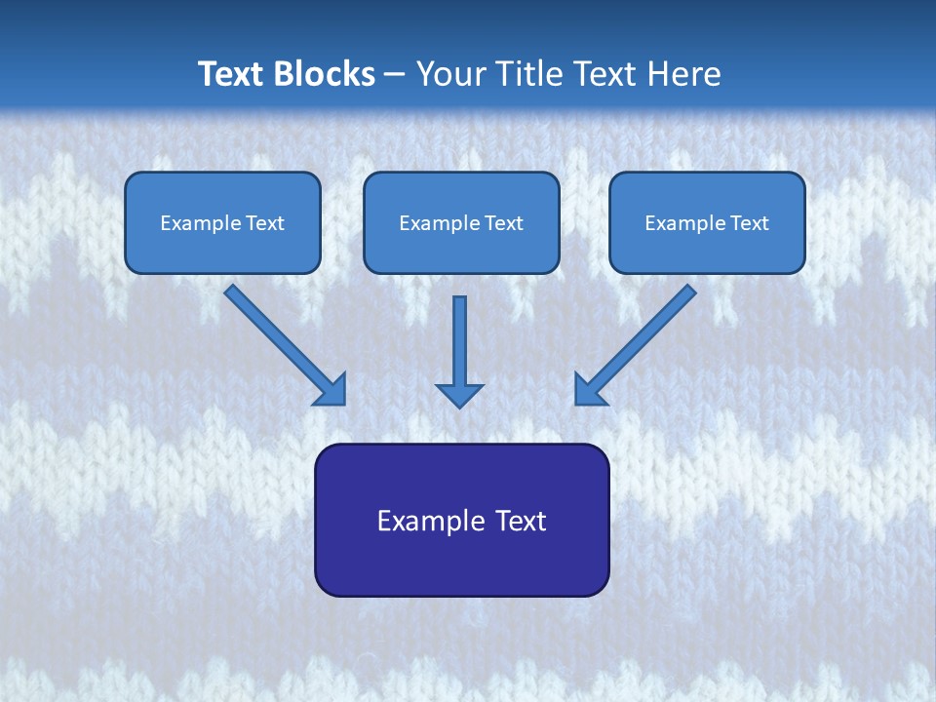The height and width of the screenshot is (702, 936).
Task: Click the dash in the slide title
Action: tap(395, 75)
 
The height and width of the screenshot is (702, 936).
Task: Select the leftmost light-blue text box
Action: tap(222, 222)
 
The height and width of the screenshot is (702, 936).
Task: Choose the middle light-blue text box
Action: tap(461, 222)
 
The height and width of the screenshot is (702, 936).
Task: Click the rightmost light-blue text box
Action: tap(707, 222)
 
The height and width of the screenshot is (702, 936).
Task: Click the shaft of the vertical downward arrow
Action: tap(459, 336)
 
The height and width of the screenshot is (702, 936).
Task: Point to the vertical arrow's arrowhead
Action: tap(459, 394)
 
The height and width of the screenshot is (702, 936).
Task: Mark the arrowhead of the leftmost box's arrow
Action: tap(331, 389)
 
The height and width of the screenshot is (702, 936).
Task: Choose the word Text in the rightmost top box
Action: tap(750, 223)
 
